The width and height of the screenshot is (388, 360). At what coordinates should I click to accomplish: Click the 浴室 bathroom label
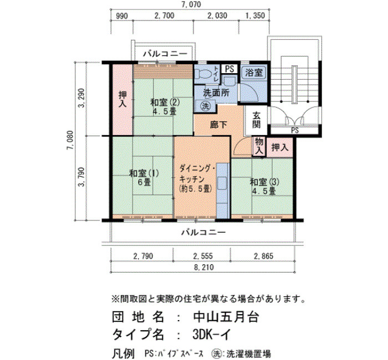(254, 73)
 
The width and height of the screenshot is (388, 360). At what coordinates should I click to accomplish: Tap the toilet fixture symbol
(203, 74)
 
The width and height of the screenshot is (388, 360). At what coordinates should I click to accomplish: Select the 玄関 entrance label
(257, 120)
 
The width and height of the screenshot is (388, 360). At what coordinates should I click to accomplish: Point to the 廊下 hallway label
(218, 125)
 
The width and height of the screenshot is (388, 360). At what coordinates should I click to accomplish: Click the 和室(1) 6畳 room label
(144, 178)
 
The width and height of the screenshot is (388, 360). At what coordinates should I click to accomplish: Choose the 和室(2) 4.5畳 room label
(165, 106)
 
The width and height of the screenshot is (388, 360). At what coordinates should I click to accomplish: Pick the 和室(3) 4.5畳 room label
(264, 187)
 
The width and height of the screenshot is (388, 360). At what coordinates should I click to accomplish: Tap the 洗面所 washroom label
(216, 93)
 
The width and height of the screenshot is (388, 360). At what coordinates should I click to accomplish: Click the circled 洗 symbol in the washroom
(206, 106)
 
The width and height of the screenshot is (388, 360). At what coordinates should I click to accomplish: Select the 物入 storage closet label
(259, 146)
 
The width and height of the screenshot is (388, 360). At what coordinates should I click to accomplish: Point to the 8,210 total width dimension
(203, 268)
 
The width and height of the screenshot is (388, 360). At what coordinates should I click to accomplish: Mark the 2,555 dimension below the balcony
(203, 256)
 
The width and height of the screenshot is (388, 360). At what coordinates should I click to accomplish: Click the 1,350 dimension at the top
(256, 16)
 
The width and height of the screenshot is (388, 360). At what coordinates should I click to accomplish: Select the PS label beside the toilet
(229, 69)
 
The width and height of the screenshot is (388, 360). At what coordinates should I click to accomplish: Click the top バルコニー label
(165, 54)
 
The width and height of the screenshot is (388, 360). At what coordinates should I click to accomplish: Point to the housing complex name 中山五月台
(226, 317)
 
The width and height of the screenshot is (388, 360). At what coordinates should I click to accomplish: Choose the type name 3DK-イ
(212, 335)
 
